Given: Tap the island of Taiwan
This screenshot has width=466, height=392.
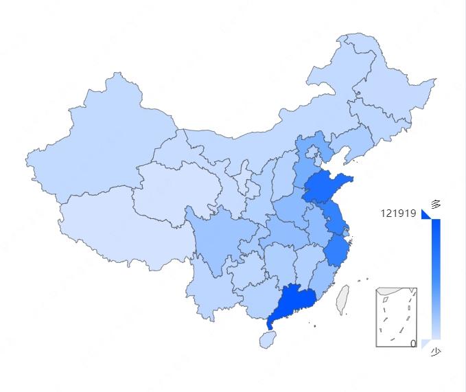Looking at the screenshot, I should click(341, 299).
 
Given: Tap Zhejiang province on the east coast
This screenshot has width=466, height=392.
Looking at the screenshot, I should click(336, 251).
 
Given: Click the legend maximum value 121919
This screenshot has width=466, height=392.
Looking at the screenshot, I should click(398, 214).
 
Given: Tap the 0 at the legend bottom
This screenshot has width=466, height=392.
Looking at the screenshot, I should click(413, 343).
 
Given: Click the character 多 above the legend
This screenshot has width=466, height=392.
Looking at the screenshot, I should click(436, 203).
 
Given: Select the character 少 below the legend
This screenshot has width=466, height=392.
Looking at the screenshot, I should click(436, 352).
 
